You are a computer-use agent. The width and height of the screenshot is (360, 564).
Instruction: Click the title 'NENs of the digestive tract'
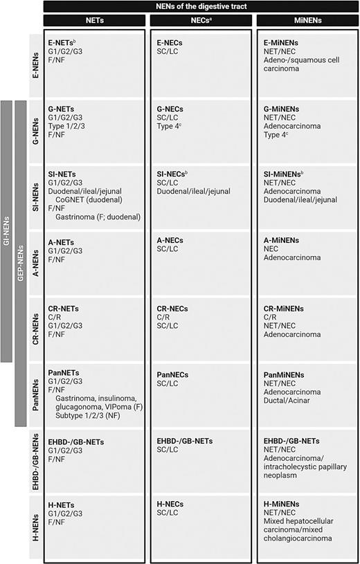pos(200,6)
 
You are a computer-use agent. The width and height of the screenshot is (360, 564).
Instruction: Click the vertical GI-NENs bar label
pos(8,231)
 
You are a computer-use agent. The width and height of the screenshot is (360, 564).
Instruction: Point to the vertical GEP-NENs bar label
pos(21,263)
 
